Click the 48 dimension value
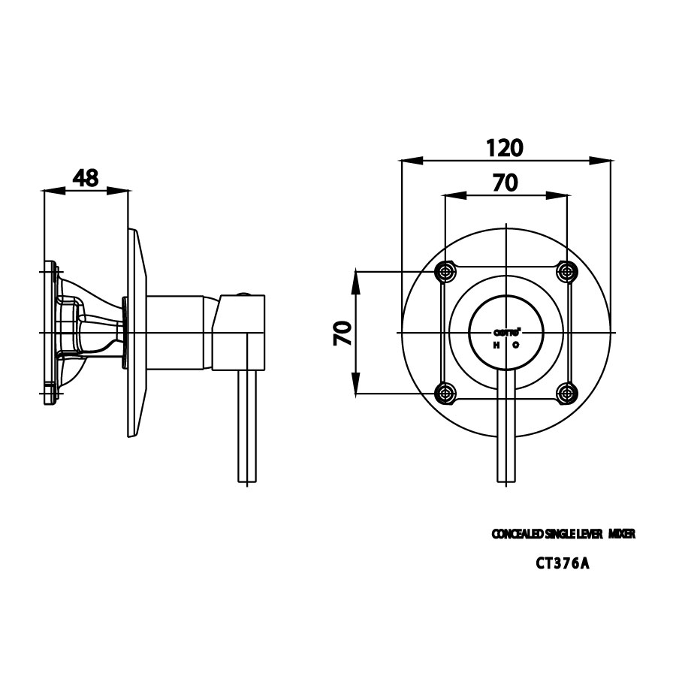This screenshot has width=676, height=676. (x=86, y=178)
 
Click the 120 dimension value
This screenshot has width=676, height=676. (x=503, y=147)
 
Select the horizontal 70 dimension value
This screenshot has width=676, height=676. (x=505, y=183)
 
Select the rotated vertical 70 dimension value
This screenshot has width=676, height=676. (x=343, y=331)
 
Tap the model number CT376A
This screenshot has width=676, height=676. (x=562, y=564)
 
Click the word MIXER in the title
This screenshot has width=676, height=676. (x=623, y=534)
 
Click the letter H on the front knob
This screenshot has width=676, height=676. (x=496, y=345)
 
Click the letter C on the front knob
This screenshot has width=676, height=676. (x=516, y=345)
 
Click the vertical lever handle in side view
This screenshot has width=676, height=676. (x=248, y=428)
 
